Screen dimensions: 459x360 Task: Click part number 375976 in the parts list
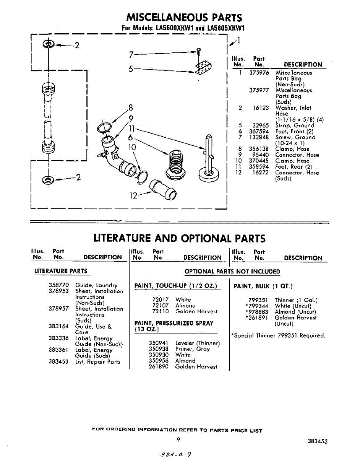pyautogui.click(x=259, y=73)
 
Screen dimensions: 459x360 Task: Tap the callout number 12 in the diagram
pyautogui.click(x=133, y=195)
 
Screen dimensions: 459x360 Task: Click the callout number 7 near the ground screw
pyautogui.click(x=131, y=54)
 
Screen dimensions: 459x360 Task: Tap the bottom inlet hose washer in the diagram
pyautogui.click(x=49, y=179)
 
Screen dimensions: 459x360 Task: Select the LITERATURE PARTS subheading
pyautogui.click(x=61, y=271)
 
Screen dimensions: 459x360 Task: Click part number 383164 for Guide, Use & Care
pyautogui.click(x=58, y=327)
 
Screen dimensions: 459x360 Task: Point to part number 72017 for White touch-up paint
pyautogui.click(x=161, y=300)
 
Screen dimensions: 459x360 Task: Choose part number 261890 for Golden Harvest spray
pyautogui.click(x=159, y=366)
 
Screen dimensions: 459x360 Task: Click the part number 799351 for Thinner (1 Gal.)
pyautogui.click(x=258, y=300)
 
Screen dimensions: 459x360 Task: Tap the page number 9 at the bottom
pyautogui.click(x=178, y=439)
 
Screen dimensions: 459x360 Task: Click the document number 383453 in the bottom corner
pyautogui.click(x=317, y=441)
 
